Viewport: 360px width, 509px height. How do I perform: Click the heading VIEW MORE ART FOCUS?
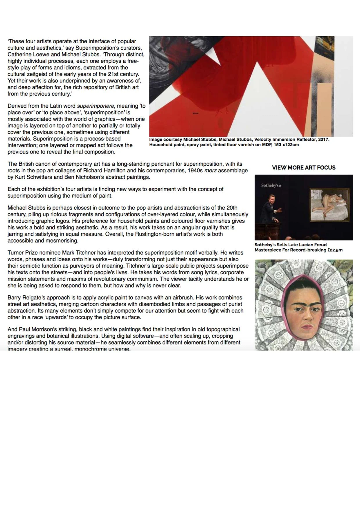coord(304,167)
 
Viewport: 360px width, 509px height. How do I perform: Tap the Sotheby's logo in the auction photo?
coord(271,185)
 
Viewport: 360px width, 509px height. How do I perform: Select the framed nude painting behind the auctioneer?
coord(330,205)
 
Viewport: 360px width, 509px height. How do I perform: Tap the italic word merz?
coord(210,170)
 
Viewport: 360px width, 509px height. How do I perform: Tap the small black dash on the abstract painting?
coord(195,113)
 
